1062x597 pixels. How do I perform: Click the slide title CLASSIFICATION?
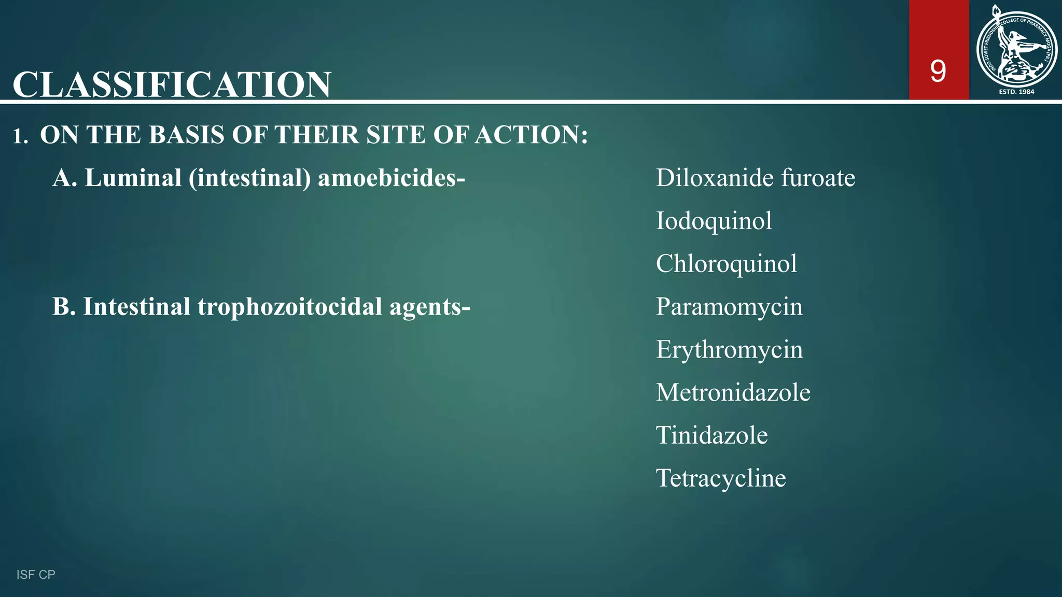tap(172, 84)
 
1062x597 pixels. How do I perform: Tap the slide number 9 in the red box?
tap(938, 71)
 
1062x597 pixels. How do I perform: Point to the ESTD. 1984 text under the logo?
tap(1016, 92)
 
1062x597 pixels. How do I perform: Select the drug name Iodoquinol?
tap(714, 221)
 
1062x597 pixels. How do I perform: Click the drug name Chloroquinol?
tap(726, 264)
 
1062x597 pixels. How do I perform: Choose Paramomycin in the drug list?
tap(729, 307)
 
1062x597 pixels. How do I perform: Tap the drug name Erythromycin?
tap(729, 350)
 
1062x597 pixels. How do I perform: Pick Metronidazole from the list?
tap(733, 392)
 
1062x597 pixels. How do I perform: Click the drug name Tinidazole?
tap(711, 435)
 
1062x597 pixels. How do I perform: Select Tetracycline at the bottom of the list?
tap(721, 478)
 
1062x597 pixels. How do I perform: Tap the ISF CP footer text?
tap(36, 574)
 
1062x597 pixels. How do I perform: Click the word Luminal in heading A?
tap(133, 178)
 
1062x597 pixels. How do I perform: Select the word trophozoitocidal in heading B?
tap(290, 307)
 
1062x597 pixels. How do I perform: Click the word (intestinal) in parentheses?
tap(249, 178)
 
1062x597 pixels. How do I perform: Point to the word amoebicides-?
tap(391, 178)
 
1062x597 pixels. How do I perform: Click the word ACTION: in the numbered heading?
tap(532, 135)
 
